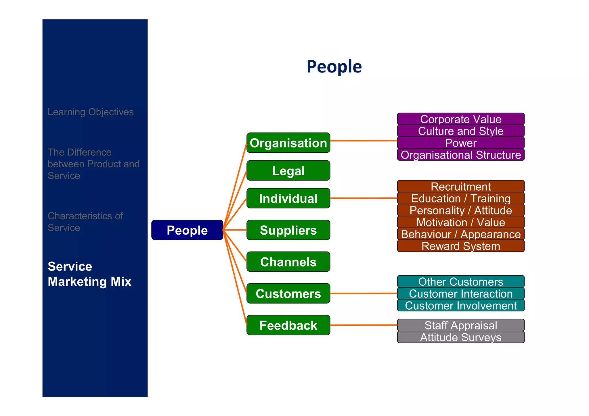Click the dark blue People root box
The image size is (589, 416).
[187, 230]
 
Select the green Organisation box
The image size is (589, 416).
[288, 143]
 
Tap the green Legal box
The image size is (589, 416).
[288, 170]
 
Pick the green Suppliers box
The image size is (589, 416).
[288, 230]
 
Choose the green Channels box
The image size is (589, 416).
[288, 262]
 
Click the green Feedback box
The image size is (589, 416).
[288, 325]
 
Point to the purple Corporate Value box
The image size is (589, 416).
[460, 119]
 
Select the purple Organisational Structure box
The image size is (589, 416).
[460, 155]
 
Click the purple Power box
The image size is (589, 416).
[460, 143]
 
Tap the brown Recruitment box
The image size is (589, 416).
[460, 186]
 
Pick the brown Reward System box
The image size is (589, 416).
[460, 246]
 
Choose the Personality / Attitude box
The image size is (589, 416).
[460, 210]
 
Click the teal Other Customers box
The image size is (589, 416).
[460, 281]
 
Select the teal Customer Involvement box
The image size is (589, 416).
[460, 305]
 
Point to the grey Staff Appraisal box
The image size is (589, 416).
[460, 325]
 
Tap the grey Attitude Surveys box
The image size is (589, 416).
[460, 337]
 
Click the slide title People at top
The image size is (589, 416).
[334, 66]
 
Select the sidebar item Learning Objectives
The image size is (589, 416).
[91, 112]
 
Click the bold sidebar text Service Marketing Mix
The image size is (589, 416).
[89, 274]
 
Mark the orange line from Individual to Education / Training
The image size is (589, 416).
[364, 198]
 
